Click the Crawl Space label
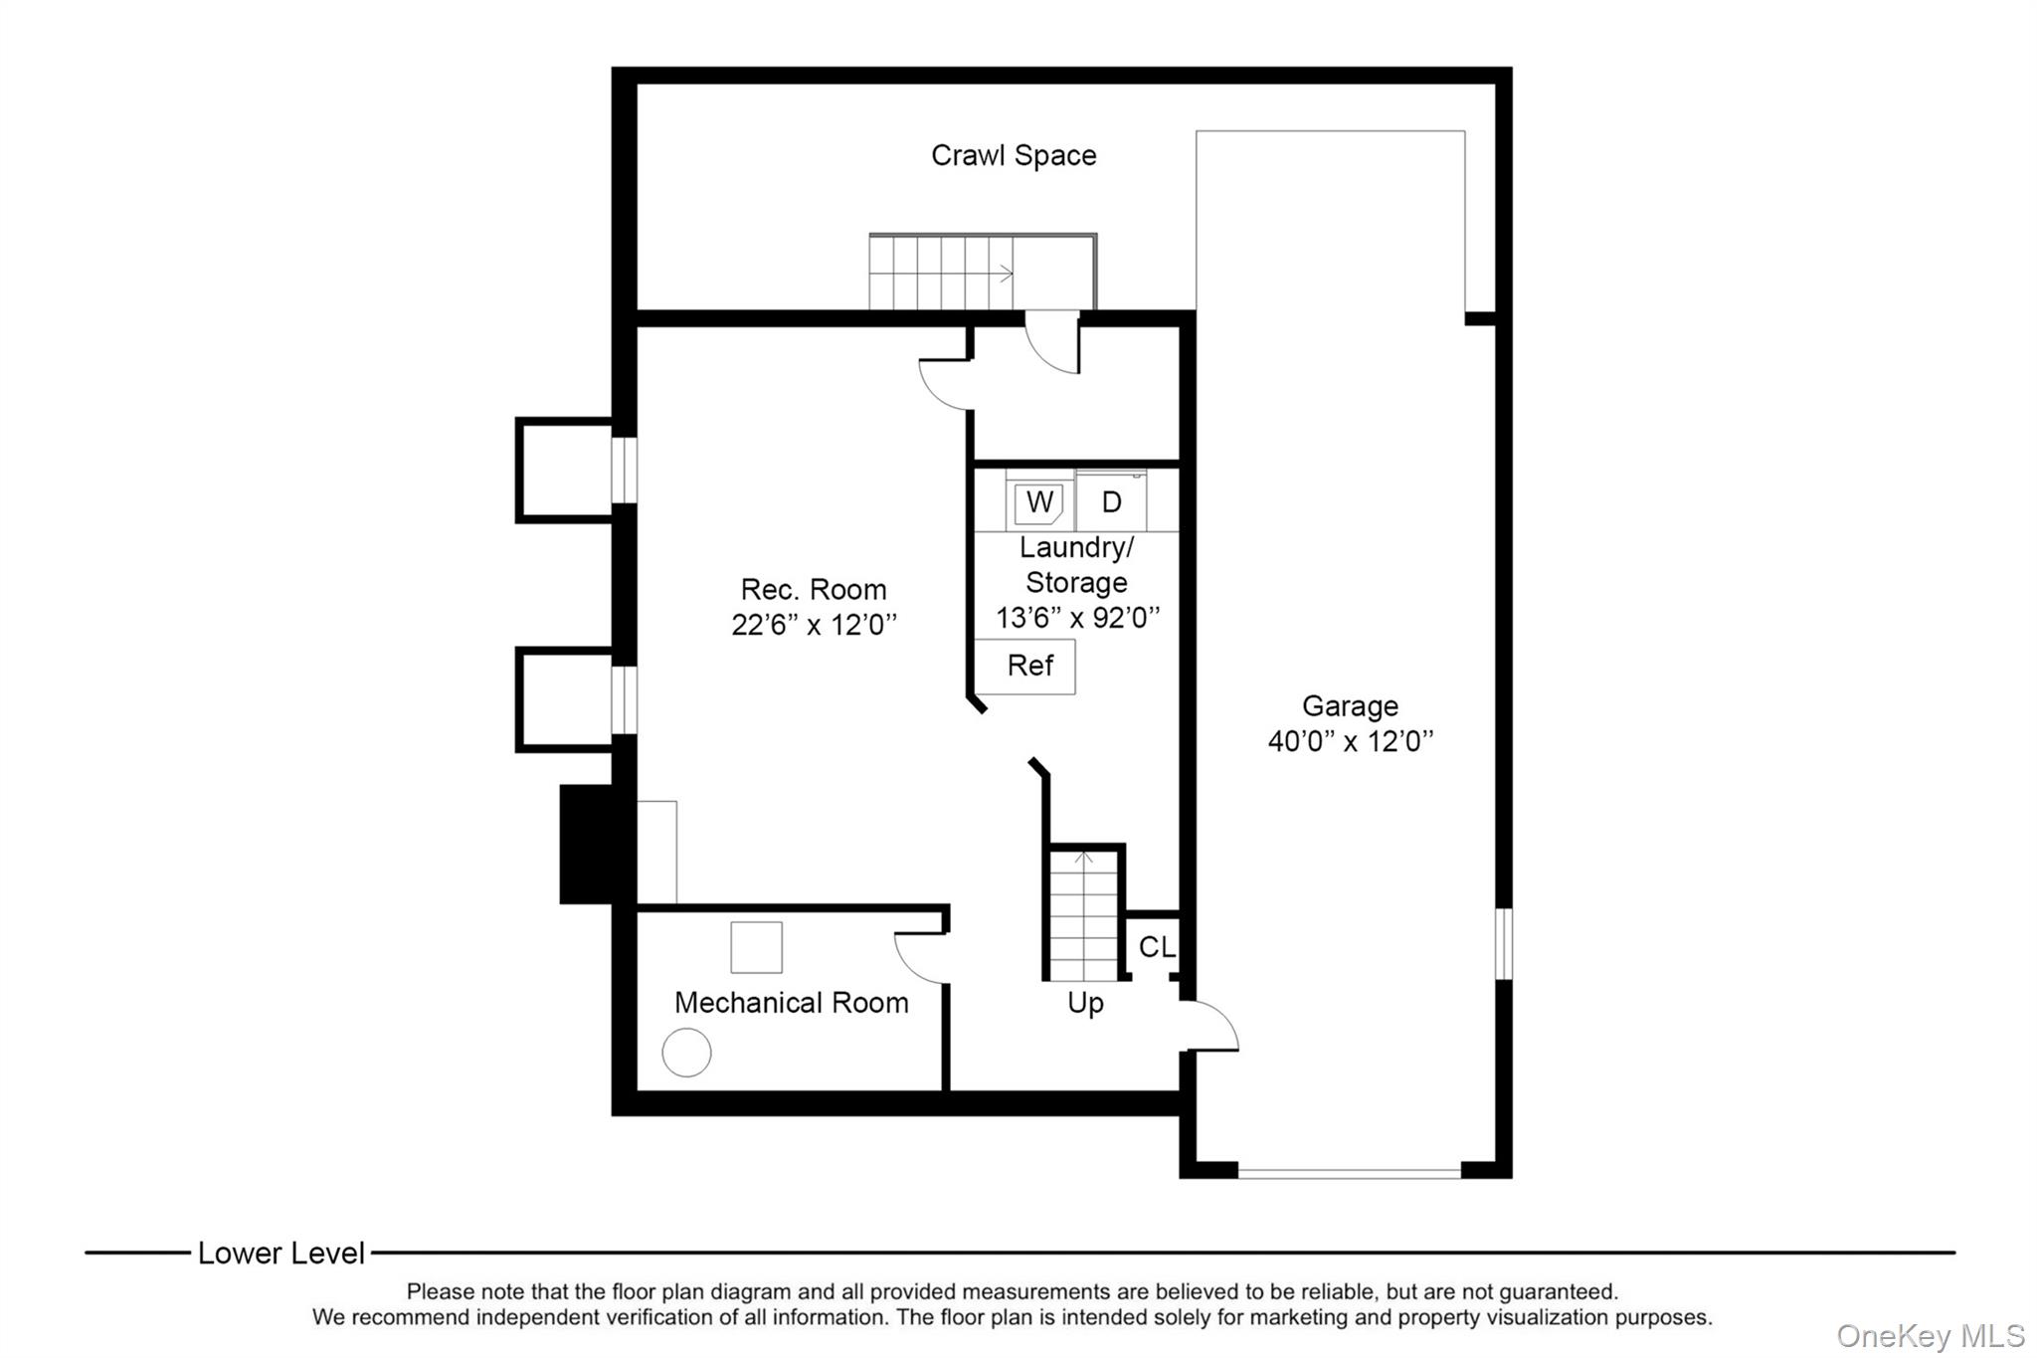1013,155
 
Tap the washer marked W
1038,502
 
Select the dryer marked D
1111,502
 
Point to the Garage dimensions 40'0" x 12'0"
1350,741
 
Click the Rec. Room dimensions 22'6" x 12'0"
814,625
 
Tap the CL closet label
1156,947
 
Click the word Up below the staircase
1084,1003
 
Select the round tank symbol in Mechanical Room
686,1052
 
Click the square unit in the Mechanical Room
756,947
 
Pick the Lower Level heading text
281,1254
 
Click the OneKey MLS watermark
1930,1335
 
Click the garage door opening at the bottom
1349,1173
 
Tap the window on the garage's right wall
1504,943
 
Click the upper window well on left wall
565,470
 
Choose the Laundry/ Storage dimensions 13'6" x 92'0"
1077,618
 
